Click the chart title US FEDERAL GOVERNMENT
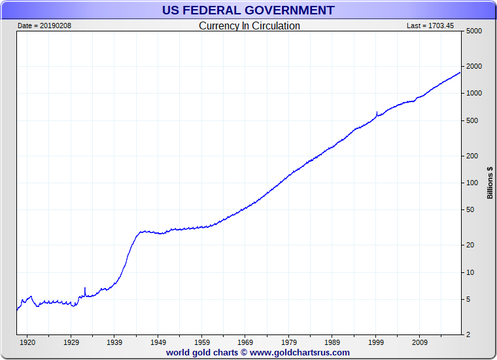(x=248, y=10)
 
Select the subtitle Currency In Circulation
(x=249, y=26)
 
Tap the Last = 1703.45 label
(x=430, y=26)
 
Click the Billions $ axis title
(x=490, y=183)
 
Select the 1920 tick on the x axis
(x=27, y=342)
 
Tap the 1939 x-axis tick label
(x=114, y=342)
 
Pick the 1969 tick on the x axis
(x=245, y=342)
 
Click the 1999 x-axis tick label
(x=376, y=342)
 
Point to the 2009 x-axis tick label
(x=419, y=342)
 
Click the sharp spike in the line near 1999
(x=377, y=113)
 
